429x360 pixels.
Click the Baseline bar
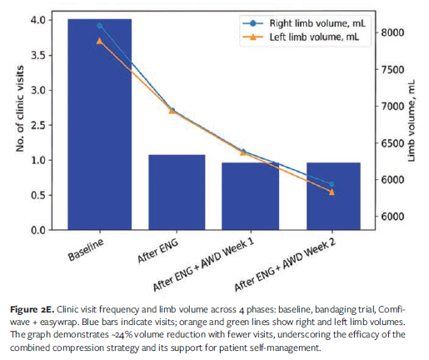pyautogui.click(x=100, y=125)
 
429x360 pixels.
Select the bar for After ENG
pyautogui.click(x=177, y=192)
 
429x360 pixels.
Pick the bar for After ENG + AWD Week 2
pyautogui.click(x=333, y=196)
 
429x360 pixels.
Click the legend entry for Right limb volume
pyautogui.click(x=301, y=24)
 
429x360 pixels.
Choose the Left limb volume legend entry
pyautogui.click(x=301, y=37)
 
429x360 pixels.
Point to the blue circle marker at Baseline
pyautogui.click(x=100, y=26)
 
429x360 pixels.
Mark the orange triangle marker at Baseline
pyautogui.click(x=100, y=40)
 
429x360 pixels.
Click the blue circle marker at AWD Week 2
pyautogui.click(x=333, y=184)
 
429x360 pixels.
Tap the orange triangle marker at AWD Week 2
pyautogui.click(x=333, y=192)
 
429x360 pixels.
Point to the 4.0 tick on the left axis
pyautogui.click(x=46, y=20)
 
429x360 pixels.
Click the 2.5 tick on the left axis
pyautogui.click(x=46, y=125)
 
